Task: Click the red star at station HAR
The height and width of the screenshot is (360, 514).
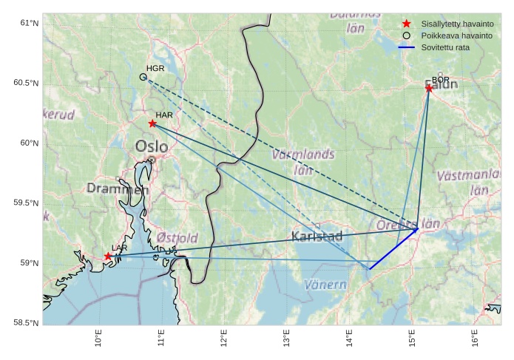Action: pos(152,123)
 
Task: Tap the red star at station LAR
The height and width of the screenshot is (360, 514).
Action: pos(108,257)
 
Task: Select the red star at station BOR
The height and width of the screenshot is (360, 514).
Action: pos(429,89)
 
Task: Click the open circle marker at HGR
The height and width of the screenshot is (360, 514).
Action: pos(143,77)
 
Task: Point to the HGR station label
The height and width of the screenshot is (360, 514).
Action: pos(155,69)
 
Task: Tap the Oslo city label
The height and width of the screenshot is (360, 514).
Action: pos(151,147)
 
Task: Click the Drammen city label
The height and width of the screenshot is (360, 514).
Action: pos(118,189)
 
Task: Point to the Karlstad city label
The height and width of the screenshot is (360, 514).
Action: pos(317,237)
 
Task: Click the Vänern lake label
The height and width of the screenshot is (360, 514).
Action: pos(325,285)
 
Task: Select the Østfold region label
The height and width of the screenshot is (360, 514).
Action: pos(177,238)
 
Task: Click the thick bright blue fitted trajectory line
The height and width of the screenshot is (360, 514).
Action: pos(392,249)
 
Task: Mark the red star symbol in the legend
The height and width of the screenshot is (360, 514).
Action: pos(407,24)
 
